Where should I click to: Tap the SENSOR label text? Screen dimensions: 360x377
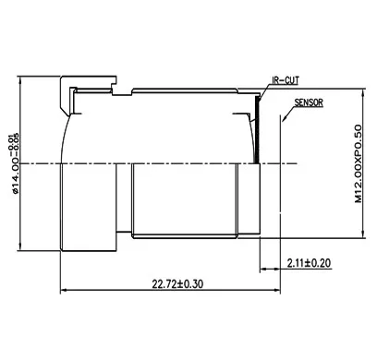click(x=309, y=103)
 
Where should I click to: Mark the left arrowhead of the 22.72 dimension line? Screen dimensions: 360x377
click(x=64, y=292)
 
